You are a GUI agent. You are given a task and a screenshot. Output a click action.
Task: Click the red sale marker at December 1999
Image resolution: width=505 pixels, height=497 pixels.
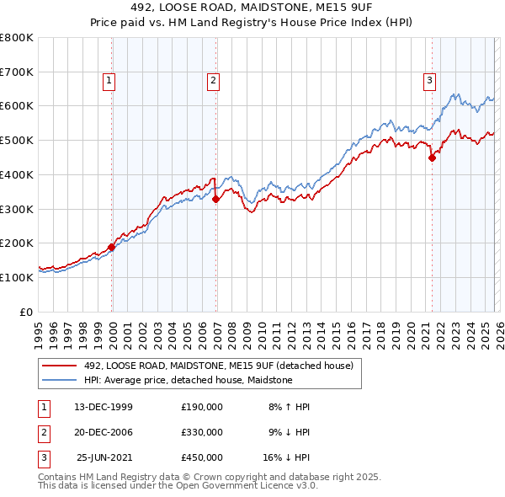112,247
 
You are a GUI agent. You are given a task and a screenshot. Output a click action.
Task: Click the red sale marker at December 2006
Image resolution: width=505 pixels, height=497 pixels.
216,199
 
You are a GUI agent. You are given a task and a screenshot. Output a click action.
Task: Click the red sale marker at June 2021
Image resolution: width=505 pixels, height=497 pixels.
432,157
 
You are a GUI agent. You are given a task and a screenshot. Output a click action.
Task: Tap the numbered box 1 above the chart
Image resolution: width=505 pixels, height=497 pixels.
109,81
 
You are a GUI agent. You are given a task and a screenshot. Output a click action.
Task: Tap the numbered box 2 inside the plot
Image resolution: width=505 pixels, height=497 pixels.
214,81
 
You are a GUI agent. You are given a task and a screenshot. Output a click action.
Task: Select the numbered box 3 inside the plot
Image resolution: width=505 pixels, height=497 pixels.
429,81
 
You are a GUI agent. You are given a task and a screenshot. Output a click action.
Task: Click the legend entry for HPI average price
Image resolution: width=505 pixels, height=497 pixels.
188,381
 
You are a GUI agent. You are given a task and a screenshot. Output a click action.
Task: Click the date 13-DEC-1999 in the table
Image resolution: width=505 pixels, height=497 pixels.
104,407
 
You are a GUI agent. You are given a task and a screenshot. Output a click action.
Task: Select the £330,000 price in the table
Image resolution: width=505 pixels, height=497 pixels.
202,432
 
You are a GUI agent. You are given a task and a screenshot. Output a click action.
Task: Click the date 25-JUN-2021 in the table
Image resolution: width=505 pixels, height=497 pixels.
104,457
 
